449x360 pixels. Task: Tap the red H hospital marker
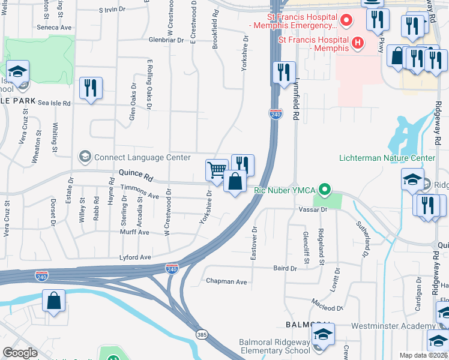coord(358,43)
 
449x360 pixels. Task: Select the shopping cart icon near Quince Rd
coord(217,169)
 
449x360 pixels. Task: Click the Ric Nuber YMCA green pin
coord(325,190)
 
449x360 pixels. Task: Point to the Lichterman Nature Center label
coord(387,158)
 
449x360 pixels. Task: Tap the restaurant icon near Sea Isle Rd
coord(91,88)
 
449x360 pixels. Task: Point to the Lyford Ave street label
coord(136,257)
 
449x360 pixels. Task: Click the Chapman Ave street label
coord(226,281)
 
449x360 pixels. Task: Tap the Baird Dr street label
coord(285,268)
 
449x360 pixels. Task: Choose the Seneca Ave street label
coord(54,28)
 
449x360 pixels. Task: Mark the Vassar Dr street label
coord(312,209)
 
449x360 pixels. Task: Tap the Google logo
coord(20,352)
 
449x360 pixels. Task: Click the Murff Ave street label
coord(134,232)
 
